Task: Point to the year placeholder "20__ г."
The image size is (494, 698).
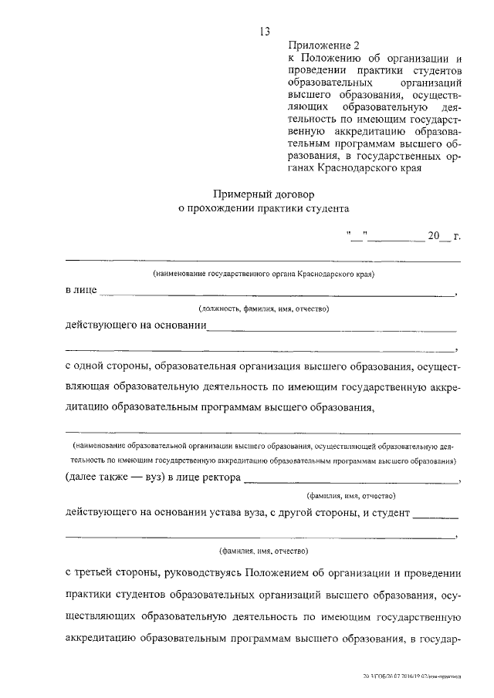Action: coord(443,235)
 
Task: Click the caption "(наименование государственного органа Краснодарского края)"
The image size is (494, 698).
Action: coord(263,274)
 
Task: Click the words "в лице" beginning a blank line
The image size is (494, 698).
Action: coord(81,291)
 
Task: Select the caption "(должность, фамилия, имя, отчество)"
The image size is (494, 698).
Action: coord(263,309)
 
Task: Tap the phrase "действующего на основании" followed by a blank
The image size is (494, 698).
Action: coord(136,325)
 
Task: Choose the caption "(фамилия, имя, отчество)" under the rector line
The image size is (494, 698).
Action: coord(351,495)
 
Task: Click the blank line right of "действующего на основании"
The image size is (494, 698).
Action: coord(332,329)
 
